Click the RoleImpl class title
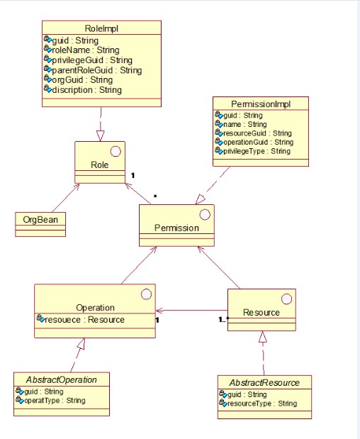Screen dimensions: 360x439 click(x=101, y=28)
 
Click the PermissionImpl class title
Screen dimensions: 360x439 click(x=261, y=104)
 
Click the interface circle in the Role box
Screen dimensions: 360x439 click(x=116, y=152)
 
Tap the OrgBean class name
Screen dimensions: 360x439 click(x=40, y=220)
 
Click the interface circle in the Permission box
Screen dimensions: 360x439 click(x=205, y=215)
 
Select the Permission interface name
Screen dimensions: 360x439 click(x=176, y=228)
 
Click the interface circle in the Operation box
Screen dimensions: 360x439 click(x=146, y=294)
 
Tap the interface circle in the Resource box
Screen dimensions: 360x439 click(x=286, y=299)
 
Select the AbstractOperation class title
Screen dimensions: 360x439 click(x=62, y=380)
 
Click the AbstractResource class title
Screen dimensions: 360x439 click(x=264, y=383)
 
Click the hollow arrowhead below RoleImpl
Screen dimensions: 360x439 click(x=100, y=135)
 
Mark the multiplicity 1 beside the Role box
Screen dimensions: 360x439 click(x=133, y=175)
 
